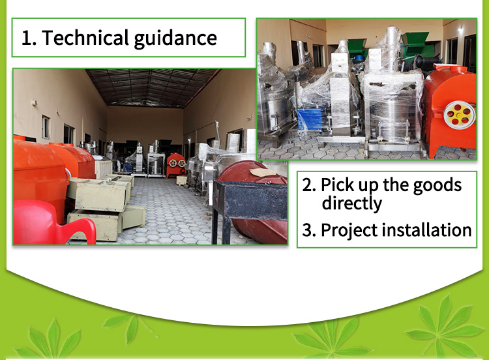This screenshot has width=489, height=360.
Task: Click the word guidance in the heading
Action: (x=175, y=39)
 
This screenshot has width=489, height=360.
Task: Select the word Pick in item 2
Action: (x=338, y=185)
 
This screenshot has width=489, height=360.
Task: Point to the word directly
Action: (x=352, y=203)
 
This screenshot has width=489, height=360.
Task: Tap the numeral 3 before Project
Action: (x=309, y=230)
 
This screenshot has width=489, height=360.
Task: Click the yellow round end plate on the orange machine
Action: (x=459, y=115)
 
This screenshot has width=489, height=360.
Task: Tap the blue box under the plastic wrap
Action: (x=309, y=119)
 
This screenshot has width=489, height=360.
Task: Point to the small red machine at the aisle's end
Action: (x=176, y=165)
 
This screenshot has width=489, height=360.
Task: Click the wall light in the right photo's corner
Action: (x=460, y=30)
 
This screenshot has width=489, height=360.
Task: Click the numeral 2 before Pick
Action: (x=309, y=185)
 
